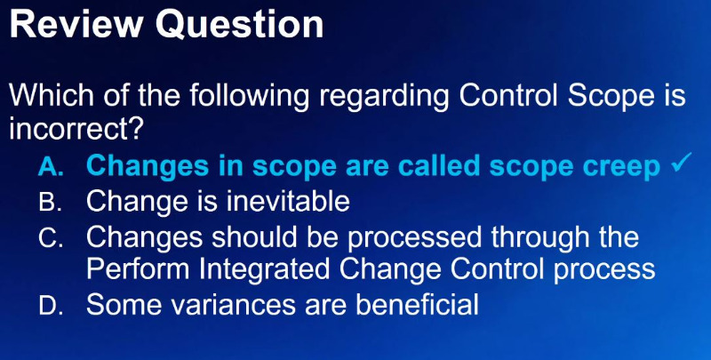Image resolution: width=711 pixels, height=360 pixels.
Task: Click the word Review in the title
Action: [x=76, y=25]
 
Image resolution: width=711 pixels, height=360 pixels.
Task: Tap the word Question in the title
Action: [x=239, y=26]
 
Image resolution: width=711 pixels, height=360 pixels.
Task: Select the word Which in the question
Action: [x=52, y=95]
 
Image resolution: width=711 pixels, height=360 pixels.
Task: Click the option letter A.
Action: [x=49, y=167]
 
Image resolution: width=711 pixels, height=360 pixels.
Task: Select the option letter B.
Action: [x=50, y=202]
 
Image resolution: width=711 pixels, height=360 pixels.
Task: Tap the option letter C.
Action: [x=51, y=237]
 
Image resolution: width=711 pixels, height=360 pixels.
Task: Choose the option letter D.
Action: [x=50, y=306]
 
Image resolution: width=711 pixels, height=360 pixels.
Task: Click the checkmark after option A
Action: [x=682, y=163]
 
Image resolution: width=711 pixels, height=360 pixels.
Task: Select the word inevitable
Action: [x=288, y=201]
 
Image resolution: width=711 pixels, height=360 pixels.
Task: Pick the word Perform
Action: [x=138, y=269]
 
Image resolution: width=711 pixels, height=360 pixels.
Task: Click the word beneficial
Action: [x=418, y=304]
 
